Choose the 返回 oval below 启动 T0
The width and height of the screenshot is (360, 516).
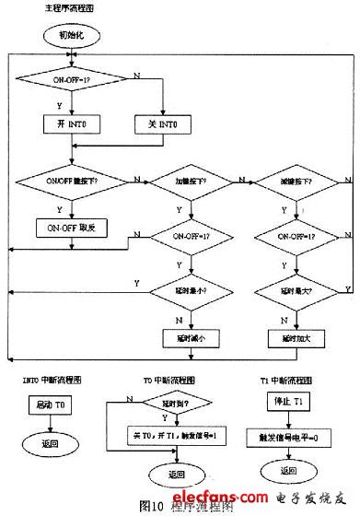[49, 442]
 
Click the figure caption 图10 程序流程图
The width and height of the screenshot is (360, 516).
[180, 506]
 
